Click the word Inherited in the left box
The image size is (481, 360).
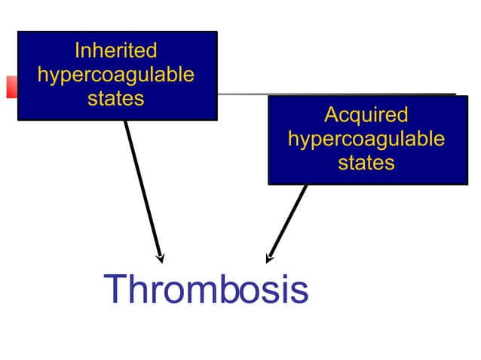click(115, 51)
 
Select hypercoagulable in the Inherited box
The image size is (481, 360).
click(115, 75)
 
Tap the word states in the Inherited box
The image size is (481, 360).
click(115, 99)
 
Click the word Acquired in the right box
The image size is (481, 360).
click(366, 115)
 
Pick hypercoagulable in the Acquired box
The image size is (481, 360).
click(366, 139)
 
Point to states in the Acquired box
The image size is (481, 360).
click(366, 163)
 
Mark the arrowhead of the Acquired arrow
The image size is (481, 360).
click(269, 257)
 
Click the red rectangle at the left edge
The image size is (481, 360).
click(11, 86)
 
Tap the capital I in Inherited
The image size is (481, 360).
click(77, 51)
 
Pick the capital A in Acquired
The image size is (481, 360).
click(331, 115)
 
